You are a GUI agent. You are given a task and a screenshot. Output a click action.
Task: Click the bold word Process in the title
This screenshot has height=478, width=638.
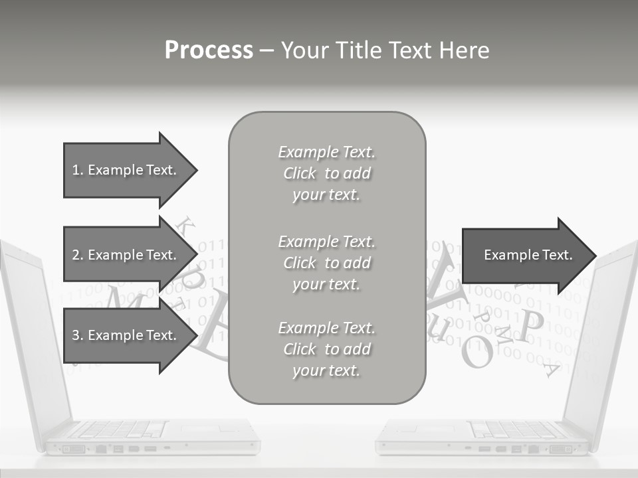pos(209,50)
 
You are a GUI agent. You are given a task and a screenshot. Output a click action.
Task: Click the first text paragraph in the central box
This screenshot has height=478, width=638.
pos(326,173)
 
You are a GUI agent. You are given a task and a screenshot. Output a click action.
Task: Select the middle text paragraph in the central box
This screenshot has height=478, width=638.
pos(326,262)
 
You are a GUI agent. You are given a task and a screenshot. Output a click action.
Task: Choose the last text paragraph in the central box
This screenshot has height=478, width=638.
pos(326,349)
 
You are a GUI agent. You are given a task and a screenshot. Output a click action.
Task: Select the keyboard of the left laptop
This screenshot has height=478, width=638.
pos(120,430)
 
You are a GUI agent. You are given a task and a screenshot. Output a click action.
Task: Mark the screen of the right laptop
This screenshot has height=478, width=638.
pos(608,332)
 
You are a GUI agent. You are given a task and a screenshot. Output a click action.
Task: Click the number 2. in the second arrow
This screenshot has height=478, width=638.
pos(78,255)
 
